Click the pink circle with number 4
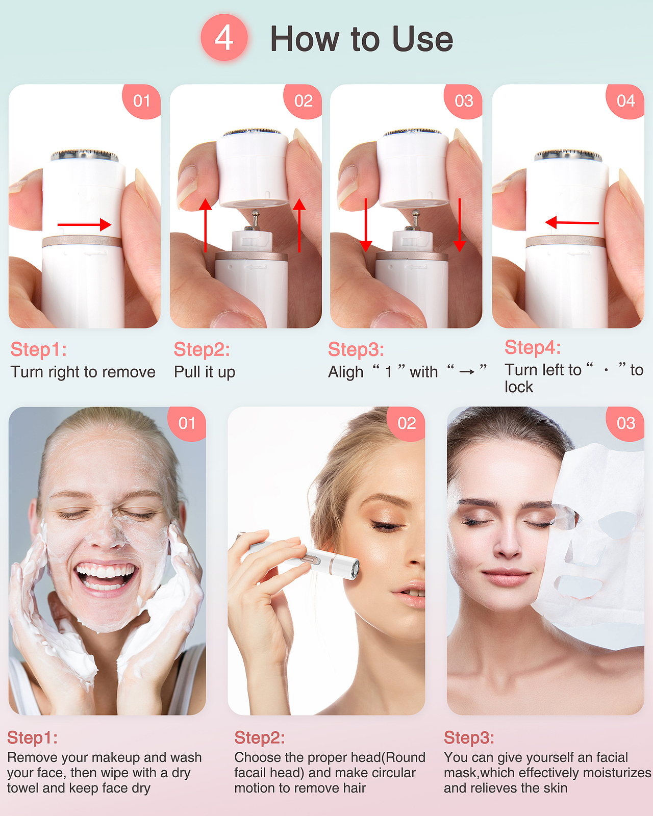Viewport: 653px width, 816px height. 224,37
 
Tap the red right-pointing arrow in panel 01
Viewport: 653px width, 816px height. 84,224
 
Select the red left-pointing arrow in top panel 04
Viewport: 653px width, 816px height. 572,222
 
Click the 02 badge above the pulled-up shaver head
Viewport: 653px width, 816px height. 303,101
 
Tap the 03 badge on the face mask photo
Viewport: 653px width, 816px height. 625,423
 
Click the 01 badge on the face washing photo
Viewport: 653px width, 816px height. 187,423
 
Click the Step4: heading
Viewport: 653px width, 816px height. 532,348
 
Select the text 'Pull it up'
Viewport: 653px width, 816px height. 205,372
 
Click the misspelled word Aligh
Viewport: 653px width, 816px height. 346,372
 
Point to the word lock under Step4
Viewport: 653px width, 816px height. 519,387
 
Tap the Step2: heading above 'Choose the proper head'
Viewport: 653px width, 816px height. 260,738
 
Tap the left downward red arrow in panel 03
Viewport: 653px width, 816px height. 366,225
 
